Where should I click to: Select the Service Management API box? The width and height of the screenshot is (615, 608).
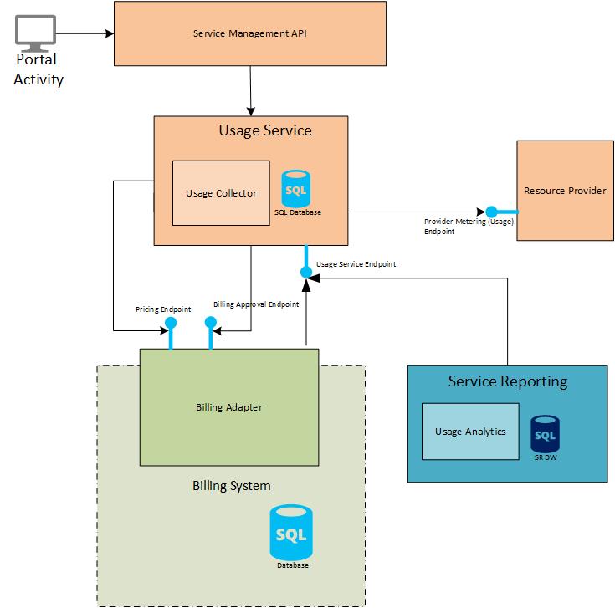point(249,33)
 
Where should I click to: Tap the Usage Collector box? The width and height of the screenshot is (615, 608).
point(221,193)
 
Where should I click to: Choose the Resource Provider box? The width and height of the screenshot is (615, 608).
point(565,191)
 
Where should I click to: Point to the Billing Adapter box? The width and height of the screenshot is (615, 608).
point(228,407)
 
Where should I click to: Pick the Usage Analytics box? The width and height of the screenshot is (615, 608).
point(469,431)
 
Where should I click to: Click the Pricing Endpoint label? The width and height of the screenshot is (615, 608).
point(158,309)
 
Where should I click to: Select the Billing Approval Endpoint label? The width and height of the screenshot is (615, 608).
point(256,304)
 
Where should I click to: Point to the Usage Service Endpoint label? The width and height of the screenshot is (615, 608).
point(356,264)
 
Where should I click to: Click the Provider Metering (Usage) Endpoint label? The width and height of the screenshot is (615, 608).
point(467,226)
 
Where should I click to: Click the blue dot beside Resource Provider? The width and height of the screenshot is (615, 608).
point(492,212)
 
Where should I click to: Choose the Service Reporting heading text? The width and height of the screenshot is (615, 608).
point(507,381)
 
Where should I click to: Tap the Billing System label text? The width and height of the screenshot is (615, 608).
point(231,485)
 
